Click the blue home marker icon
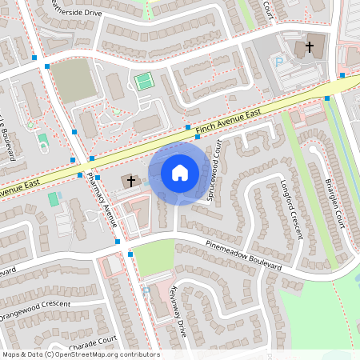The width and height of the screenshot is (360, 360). point(180,172)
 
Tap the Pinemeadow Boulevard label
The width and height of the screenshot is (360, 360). point(245,255)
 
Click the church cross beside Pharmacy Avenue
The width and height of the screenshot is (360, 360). point(130,181)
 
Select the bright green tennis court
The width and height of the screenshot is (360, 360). point(143,81)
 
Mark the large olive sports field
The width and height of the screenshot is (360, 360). point(74,80)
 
